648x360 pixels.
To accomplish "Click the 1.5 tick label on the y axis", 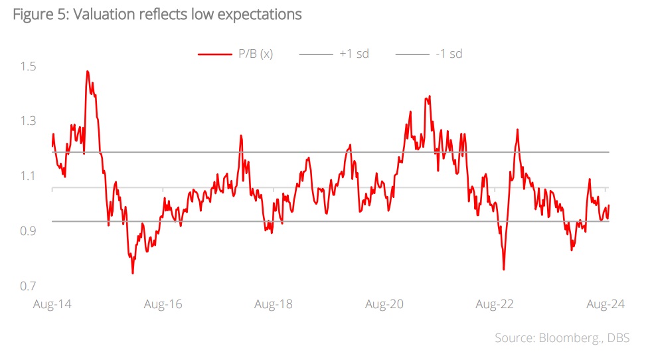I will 27,66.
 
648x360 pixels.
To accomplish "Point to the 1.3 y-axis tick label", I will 27,121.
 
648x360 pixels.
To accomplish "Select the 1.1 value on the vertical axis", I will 27,176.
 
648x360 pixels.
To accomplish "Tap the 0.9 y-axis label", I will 27,230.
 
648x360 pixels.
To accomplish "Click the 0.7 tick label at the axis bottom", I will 27,286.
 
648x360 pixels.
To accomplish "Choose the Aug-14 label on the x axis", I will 52,304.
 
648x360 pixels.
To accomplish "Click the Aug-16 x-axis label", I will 163,304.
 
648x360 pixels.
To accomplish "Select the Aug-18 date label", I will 274,304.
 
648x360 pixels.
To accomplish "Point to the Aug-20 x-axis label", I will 384,304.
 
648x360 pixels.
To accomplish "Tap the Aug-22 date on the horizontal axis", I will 495,304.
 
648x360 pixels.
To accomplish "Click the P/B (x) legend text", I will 254,54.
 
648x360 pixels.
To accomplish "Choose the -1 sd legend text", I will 449,54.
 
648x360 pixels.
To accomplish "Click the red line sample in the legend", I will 213,54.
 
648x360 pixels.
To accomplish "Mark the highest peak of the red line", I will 87,71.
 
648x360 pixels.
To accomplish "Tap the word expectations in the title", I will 260,14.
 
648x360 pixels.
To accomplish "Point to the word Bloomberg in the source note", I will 568,338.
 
